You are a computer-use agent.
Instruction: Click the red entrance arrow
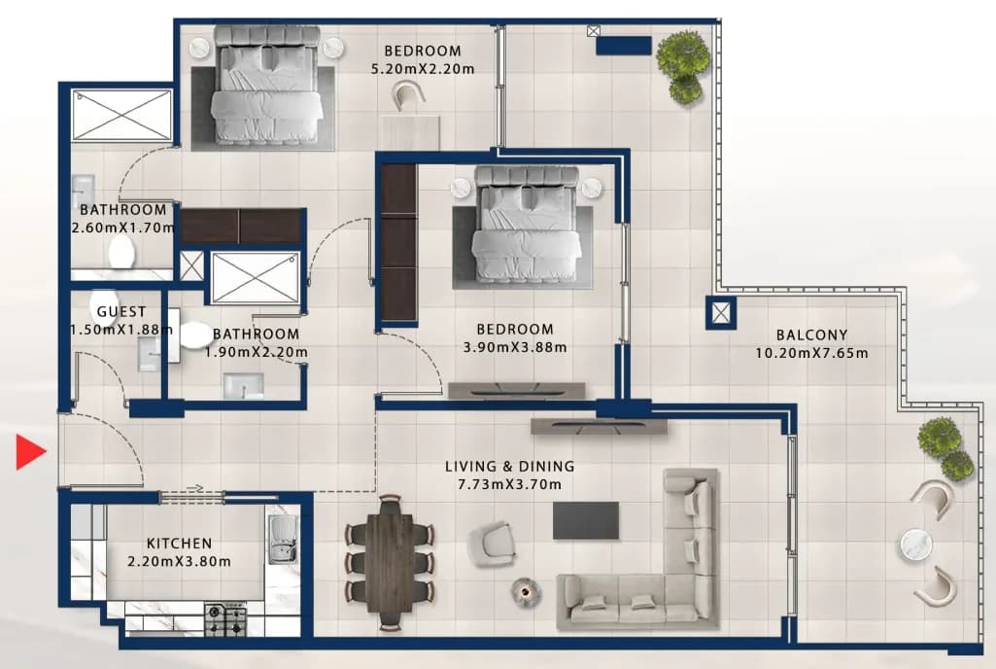pos(30,452)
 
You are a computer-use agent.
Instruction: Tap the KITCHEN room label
pos(179,544)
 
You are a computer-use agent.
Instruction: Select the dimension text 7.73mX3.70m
pos(509,484)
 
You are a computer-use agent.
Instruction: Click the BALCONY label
pos(811,335)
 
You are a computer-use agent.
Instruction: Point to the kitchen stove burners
pos(225,620)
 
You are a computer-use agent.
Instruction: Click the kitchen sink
pos(283,540)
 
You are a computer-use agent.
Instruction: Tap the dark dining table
pos(390,560)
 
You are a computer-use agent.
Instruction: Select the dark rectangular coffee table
pos(586,520)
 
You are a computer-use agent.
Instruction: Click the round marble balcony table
pos(916,546)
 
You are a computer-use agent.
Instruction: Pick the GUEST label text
pos(121,312)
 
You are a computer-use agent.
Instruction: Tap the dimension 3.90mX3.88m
pos(515,347)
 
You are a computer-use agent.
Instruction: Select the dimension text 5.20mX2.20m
pos(423,69)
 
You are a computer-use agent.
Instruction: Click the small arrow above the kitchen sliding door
pos(195,488)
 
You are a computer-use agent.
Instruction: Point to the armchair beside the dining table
pos(491,545)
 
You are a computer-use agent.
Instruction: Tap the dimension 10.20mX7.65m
pos(811,354)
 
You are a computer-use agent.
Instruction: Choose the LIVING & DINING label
pos(509,466)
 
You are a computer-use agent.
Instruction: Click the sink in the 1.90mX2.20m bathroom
pos(243,386)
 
